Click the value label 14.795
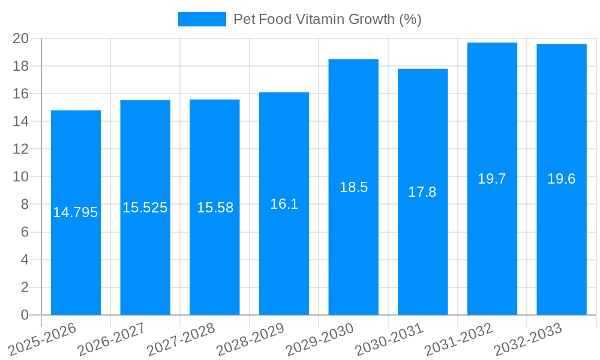click(76, 212)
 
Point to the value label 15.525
click(145, 208)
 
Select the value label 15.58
click(215, 208)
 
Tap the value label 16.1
click(284, 204)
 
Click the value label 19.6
click(562, 179)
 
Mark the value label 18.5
click(353, 187)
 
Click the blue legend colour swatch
click(202, 19)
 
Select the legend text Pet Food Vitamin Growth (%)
click(328, 19)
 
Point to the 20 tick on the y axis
click(21, 38)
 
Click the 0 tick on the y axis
click(25, 315)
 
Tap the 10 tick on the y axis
click(21, 177)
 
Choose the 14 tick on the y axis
click(21, 122)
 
